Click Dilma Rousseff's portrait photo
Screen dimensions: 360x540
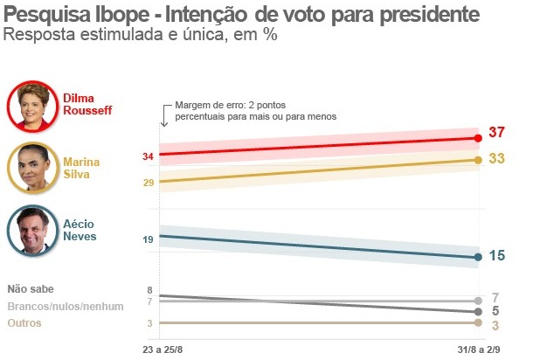click(31, 106)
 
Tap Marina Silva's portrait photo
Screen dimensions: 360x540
click(31, 167)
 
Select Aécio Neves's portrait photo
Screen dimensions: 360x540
click(31, 229)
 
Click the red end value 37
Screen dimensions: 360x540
click(498, 133)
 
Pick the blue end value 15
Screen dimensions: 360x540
click(496, 256)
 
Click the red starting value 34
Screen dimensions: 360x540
click(148, 156)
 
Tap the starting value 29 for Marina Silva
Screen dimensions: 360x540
click(148, 182)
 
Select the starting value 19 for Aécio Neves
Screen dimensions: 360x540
click(148, 239)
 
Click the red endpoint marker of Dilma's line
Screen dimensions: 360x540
click(478, 138)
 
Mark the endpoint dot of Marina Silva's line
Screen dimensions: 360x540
click(478, 160)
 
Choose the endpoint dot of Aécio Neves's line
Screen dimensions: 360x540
click(478, 257)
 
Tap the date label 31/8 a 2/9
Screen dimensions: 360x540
click(477, 350)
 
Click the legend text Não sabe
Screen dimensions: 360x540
click(31, 289)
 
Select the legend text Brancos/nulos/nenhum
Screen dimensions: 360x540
click(65, 306)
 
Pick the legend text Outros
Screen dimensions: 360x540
click(24, 323)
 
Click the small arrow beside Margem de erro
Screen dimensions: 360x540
click(163, 114)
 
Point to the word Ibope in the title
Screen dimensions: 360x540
click(106, 15)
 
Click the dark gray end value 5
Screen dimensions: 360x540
click(495, 311)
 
